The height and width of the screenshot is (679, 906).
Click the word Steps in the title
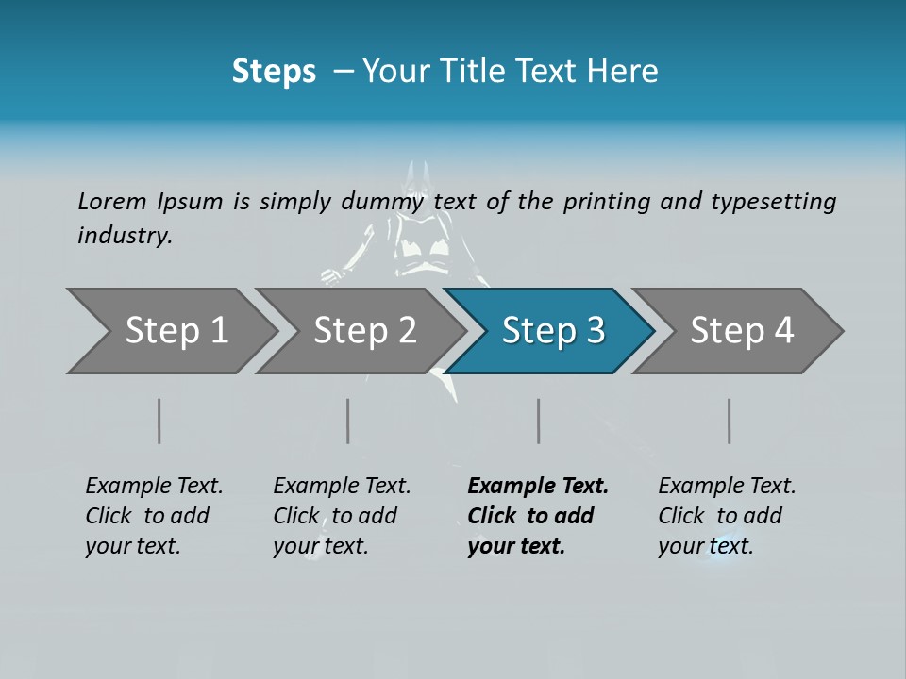tap(274, 72)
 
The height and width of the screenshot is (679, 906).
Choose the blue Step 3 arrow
tap(553, 331)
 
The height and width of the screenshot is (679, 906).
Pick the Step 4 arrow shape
tap(742, 331)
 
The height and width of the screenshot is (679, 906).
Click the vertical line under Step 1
tap(159, 421)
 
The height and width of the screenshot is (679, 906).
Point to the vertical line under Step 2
tap(348, 421)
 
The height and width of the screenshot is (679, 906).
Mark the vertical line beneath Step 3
tap(539, 421)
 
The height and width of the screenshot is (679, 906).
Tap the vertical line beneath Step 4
tap(730, 421)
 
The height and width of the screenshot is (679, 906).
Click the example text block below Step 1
tap(154, 516)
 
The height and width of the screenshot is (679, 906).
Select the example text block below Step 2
tap(342, 516)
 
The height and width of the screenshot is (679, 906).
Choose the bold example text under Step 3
tap(538, 516)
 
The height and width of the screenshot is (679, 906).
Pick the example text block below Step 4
tap(727, 516)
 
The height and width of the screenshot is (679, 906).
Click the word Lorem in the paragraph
tap(112, 201)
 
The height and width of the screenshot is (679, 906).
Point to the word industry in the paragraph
tap(125, 236)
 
